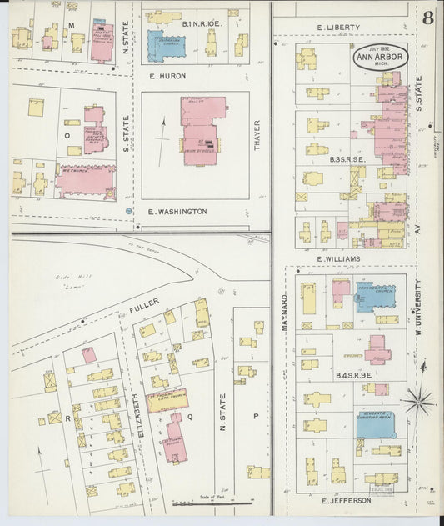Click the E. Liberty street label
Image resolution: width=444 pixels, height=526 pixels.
[338, 28]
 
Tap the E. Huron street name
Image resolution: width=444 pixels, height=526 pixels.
[167, 76]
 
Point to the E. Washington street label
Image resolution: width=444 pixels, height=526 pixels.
[177, 212]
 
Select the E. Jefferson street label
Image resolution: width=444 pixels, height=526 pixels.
[346, 501]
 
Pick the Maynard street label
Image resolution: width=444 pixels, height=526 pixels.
[284, 311]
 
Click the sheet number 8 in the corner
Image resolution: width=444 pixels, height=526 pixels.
[427, 18]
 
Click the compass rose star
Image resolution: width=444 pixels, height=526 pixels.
[417, 401]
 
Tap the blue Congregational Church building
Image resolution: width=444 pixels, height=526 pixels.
[374, 295]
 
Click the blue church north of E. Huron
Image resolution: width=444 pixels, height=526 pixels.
[167, 46]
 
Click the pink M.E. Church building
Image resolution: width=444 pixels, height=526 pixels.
[87, 180]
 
